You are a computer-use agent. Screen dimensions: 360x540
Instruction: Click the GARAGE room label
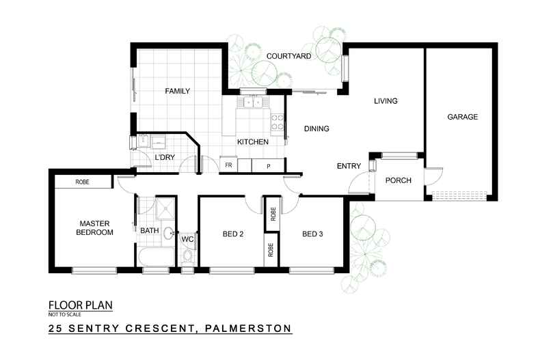click(462, 117)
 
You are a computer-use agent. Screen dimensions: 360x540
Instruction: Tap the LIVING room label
click(386, 102)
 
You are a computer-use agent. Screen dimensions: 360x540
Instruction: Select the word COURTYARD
click(289, 56)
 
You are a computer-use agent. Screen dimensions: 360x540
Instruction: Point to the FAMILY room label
click(176, 91)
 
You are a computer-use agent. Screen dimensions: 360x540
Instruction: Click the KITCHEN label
click(252, 142)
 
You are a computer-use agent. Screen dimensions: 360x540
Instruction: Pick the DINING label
click(316, 128)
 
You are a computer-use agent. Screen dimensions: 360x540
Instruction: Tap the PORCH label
click(397, 181)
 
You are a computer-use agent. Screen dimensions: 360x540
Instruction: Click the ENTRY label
click(349, 166)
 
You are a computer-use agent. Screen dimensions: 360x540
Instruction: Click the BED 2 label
click(233, 234)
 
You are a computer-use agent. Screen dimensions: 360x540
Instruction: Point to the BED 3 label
click(312, 234)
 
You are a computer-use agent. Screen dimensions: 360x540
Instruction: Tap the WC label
click(187, 239)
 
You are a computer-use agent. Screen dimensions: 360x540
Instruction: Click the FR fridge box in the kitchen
click(228, 166)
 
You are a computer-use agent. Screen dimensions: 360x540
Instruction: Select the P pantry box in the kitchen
click(268, 166)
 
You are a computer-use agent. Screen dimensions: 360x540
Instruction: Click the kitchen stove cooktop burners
click(278, 122)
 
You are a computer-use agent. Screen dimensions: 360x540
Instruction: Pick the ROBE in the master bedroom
click(83, 182)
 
